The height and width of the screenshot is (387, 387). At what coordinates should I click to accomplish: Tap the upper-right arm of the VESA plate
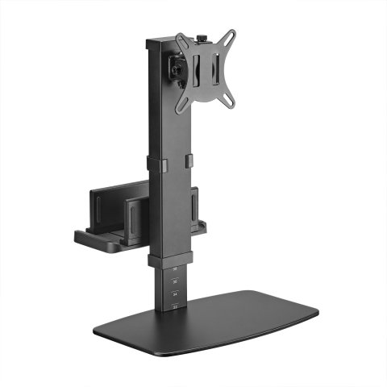[229, 40]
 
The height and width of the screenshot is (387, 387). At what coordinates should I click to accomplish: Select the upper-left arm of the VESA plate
[183, 40]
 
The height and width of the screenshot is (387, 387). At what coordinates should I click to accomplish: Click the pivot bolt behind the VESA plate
[174, 70]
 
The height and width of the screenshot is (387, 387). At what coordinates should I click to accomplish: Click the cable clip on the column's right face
[188, 161]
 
